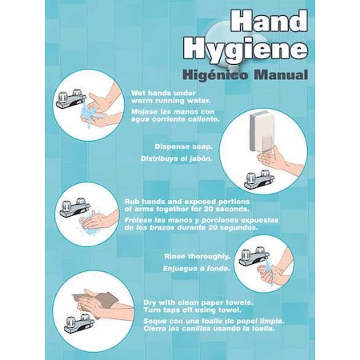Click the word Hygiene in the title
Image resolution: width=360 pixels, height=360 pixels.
245,50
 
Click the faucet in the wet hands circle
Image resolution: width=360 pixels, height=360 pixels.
71,100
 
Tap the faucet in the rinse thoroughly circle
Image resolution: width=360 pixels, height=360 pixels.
254,258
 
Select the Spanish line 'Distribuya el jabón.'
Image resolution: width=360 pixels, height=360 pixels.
183,158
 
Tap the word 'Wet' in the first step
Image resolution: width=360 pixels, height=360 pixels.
138,93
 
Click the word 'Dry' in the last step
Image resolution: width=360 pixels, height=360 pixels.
150,302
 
